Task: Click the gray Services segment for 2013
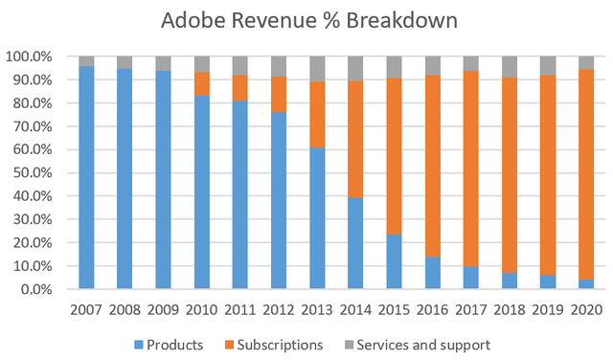tap(317, 69)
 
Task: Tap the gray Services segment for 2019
tap(548, 65)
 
